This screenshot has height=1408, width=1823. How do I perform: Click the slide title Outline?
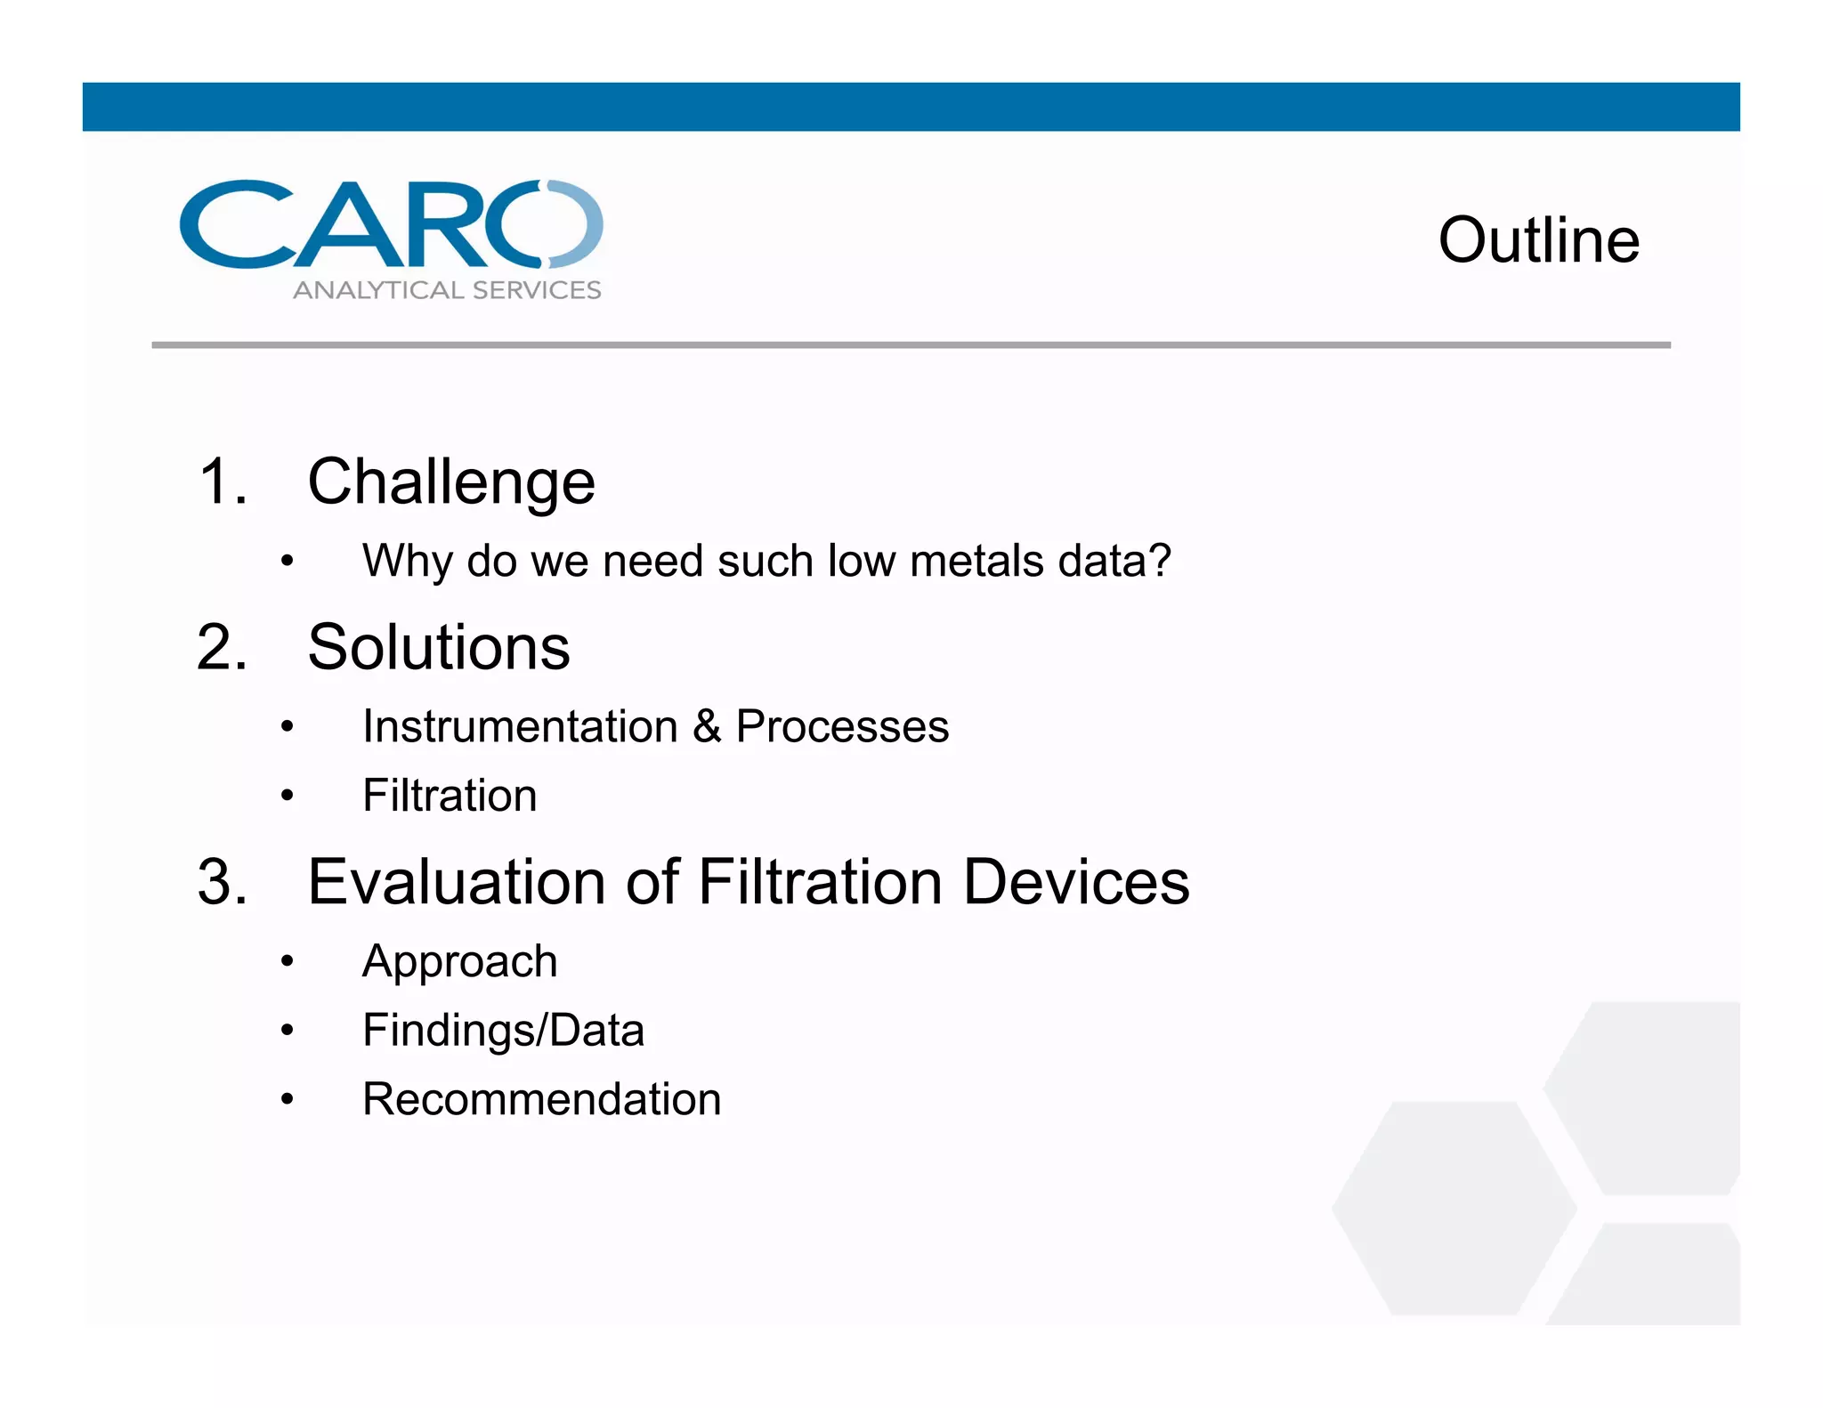(1538, 240)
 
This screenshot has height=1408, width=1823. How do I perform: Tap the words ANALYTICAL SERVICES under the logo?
(447, 290)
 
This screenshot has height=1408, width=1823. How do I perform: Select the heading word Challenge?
(450, 482)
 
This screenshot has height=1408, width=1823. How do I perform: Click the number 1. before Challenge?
(222, 482)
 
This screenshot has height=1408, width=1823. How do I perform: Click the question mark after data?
(1160, 561)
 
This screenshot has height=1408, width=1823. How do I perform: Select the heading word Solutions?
(438, 647)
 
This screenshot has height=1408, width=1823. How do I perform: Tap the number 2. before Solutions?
(222, 647)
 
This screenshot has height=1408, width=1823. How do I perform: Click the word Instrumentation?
(520, 726)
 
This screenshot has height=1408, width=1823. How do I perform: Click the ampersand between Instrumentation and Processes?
(707, 726)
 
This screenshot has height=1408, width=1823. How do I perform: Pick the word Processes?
(842, 726)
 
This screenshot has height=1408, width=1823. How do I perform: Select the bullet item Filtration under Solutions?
(450, 795)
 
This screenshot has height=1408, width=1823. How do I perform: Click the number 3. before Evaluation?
(222, 882)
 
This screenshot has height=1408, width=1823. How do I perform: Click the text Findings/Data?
(503, 1031)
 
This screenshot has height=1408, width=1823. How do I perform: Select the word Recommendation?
(541, 1099)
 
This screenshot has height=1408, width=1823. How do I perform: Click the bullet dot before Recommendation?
(287, 1099)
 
